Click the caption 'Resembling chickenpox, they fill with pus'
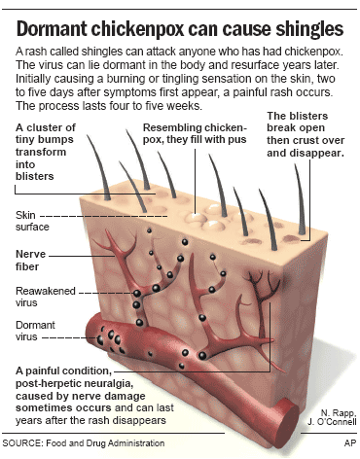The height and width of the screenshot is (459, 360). (189, 135)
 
